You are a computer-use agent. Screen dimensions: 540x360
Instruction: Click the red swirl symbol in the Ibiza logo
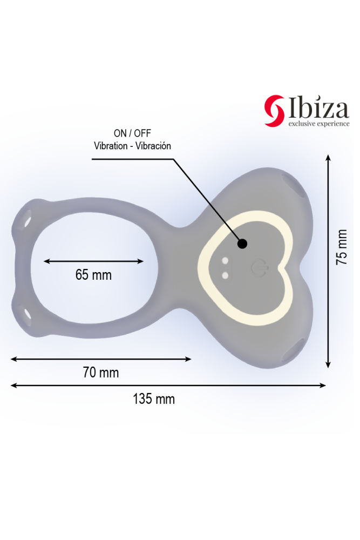(274, 111)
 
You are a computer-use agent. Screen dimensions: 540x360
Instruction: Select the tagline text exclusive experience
(318, 124)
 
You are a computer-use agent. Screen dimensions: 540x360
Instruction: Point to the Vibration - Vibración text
(132, 146)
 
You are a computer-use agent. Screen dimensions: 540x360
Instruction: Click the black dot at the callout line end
(242, 244)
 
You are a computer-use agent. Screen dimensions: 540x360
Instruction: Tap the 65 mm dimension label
(93, 275)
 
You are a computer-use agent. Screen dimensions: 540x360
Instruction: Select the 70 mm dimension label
(101, 373)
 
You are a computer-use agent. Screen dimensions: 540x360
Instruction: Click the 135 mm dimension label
(154, 400)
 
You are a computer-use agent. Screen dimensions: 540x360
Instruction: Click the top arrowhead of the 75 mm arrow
(328, 158)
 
